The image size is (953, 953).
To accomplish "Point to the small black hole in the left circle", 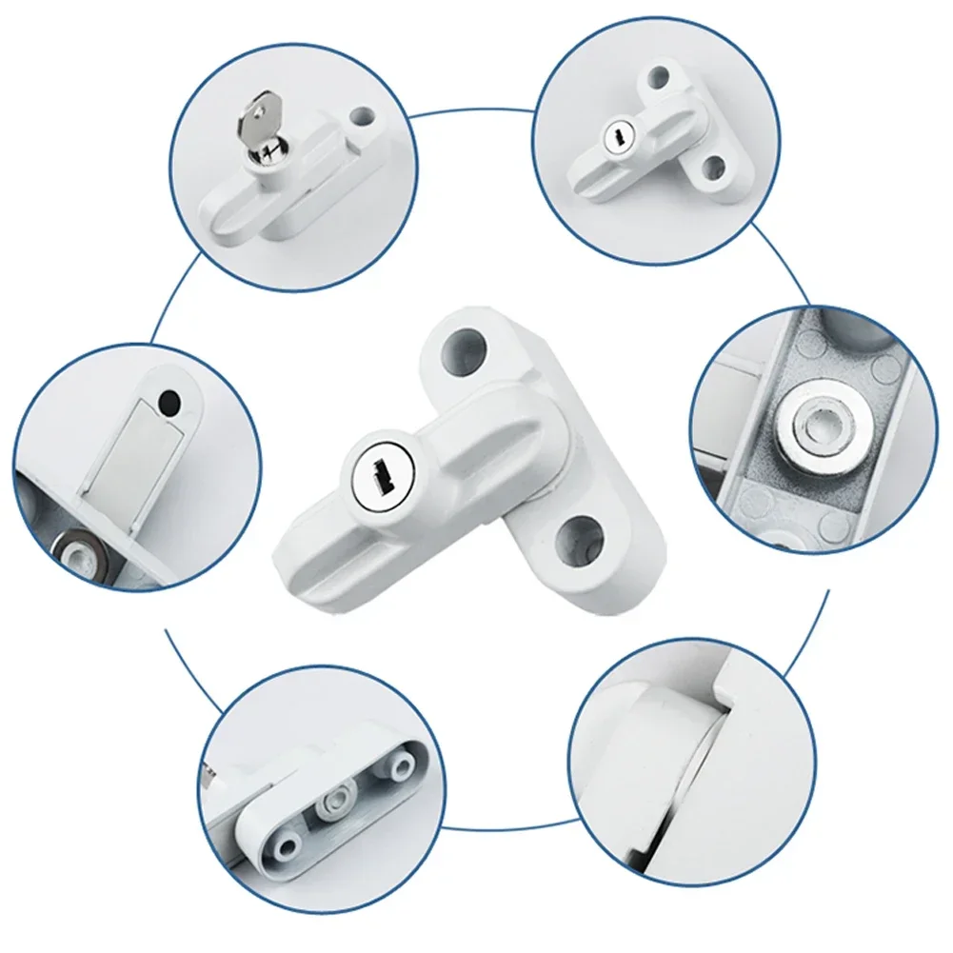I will [169, 404].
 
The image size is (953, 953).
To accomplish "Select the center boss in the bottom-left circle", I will [340, 795].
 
